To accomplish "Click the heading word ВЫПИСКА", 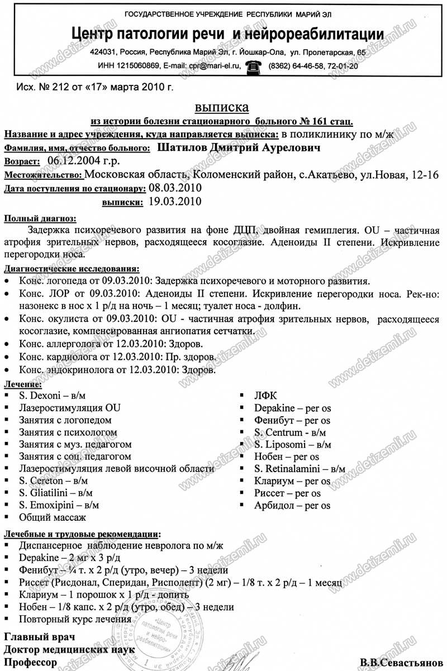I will pyautogui.click(x=222, y=107).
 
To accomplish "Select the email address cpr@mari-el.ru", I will pyautogui.click(x=212, y=66).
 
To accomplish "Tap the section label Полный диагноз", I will pyautogui.click(x=40, y=218).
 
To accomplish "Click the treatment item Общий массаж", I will pyautogui.click(x=53, y=517).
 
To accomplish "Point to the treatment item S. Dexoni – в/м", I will pyautogui.click(x=51, y=396).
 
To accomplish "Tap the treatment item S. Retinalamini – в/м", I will pyautogui.click(x=299, y=468).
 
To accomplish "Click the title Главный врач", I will pyautogui.click(x=39, y=637).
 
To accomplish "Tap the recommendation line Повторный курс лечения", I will pyautogui.click(x=75, y=619).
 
